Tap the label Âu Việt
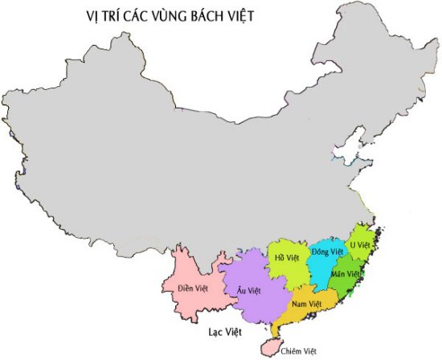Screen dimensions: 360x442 [x=248, y=290]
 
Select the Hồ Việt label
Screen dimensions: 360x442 [x=286, y=258]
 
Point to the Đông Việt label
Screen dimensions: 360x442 [x=328, y=252]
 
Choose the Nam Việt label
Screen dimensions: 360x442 [x=306, y=304]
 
